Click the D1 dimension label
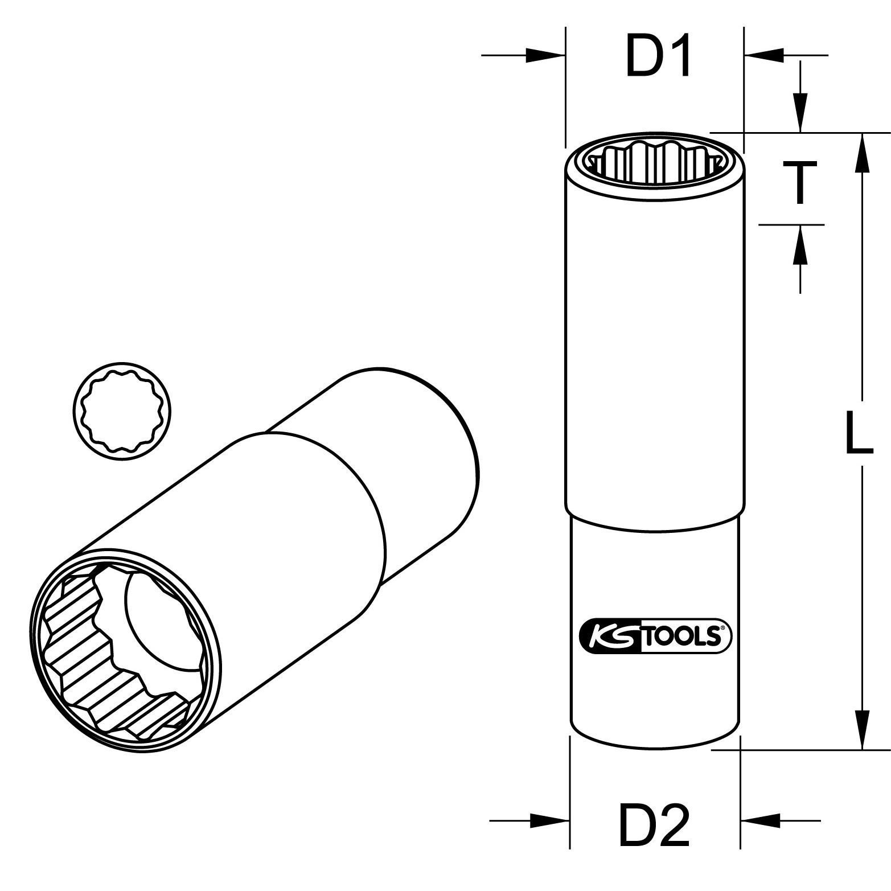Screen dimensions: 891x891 (658, 55)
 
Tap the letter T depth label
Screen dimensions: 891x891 (800, 182)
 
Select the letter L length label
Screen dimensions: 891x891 (859, 433)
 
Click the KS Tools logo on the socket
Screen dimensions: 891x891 (655, 635)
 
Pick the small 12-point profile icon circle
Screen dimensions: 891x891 (122, 411)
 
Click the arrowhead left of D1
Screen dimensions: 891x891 (545, 55)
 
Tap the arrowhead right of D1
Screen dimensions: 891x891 (763, 55)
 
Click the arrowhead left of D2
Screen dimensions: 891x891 (550, 821)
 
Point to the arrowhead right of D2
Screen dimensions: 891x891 (760, 821)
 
